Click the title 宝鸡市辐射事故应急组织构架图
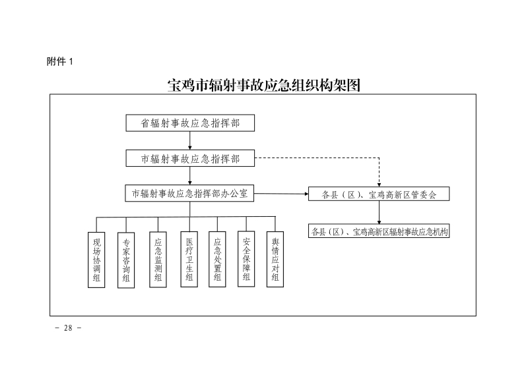(x=264, y=86)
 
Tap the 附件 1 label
(x=59, y=61)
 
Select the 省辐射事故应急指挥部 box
(x=190, y=123)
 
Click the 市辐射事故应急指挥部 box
(x=190, y=158)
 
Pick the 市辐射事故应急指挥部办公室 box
(x=190, y=193)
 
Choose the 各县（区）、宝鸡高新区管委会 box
(x=379, y=194)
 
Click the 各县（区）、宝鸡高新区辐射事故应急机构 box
(x=379, y=231)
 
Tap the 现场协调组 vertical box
(x=96, y=259)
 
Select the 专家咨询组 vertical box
(x=126, y=260)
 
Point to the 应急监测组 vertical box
(x=158, y=260)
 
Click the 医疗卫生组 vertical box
(x=189, y=259)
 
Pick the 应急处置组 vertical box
(x=217, y=259)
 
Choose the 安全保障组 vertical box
(x=247, y=259)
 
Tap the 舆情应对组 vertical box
(x=275, y=259)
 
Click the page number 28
(x=67, y=328)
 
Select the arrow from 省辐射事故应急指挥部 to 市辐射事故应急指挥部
(x=190, y=140)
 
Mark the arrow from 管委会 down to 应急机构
(x=379, y=212)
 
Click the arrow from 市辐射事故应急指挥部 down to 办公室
(x=190, y=175)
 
